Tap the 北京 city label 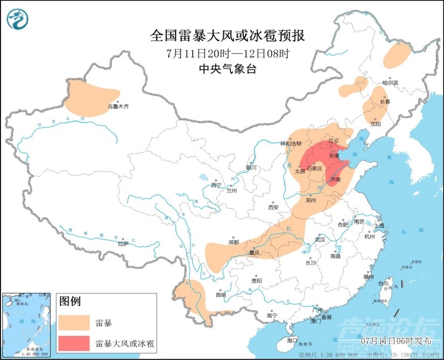(333, 140)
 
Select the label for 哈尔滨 (390, 83)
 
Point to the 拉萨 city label (122, 243)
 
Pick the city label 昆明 (221, 295)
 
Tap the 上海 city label (379, 225)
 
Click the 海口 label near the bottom (292, 340)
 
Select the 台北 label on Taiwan (384, 283)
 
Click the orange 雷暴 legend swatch (74, 323)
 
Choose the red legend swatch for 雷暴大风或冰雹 (74, 343)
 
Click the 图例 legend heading (70, 301)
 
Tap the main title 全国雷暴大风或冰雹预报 (227, 36)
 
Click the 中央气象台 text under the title (227, 69)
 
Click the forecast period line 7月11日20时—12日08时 (227, 53)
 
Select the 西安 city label (273, 207)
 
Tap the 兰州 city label (231, 190)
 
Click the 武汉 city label (320, 239)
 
